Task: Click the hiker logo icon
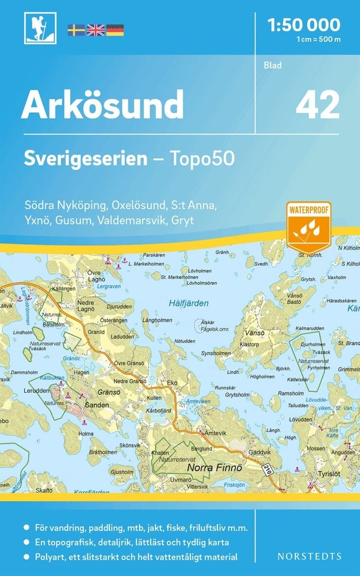[x=40, y=28]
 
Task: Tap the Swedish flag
[x=76, y=30]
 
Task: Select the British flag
[x=95, y=30]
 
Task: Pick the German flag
[x=115, y=30]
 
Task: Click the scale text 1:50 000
[x=304, y=24]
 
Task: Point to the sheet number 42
[x=317, y=105]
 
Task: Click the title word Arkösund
[x=102, y=105]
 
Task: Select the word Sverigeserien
[x=86, y=159]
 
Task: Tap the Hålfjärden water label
[x=189, y=303]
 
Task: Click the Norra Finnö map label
[x=210, y=468]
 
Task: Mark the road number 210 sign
[x=266, y=469]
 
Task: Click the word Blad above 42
[x=273, y=65]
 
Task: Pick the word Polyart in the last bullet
[x=50, y=557]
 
